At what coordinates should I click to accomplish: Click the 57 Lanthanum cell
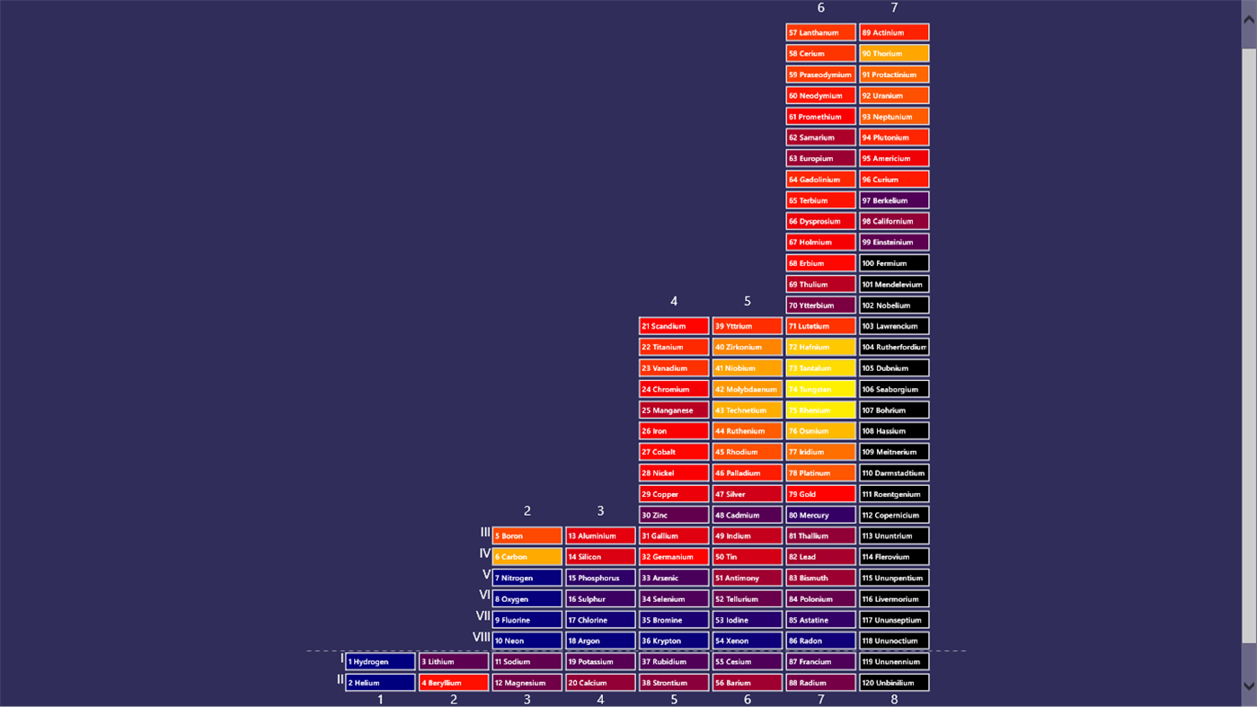tap(820, 32)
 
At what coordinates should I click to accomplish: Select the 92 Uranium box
tap(894, 95)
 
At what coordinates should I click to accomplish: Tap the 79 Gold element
tap(820, 494)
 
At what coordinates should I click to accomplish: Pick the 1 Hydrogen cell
tap(380, 662)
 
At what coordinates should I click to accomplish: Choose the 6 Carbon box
tap(527, 557)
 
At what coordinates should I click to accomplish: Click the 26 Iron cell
tap(674, 431)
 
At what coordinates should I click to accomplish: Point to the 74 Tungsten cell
tap(820, 389)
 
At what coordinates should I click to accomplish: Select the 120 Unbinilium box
tap(894, 683)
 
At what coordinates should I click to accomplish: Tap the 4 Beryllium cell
tap(454, 683)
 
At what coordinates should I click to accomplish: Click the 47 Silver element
tap(747, 494)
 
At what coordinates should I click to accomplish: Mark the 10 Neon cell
tap(527, 641)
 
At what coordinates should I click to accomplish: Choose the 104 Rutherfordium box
tap(894, 347)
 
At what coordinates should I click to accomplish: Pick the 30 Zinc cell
tap(674, 515)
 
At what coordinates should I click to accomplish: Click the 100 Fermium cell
tap(894, 263)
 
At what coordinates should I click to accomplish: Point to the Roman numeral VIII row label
tap(482, 637)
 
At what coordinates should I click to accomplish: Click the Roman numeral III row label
tap(485, 533)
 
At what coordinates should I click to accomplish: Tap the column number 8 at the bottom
tap(894, 699)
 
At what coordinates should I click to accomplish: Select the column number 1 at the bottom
tap(380, 699)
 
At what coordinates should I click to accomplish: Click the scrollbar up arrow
tap(1249, 19)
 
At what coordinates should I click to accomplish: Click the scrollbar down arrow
tap(1249, 685)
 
